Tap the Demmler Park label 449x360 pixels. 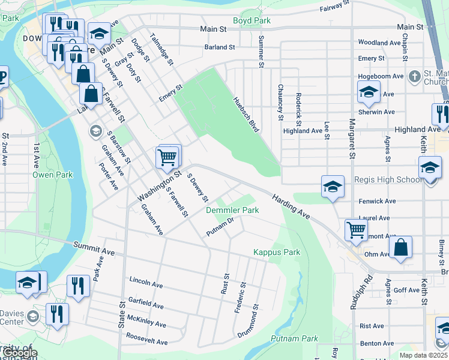[232, 211]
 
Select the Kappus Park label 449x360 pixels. [276, 253]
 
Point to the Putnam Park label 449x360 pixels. [294, 339]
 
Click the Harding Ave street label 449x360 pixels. [291, 206]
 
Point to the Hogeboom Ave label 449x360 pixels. [381, 77]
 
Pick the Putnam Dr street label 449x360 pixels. [219, 227]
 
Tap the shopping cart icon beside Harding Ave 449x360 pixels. [357, 229]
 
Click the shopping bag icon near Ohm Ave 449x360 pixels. [400, 247]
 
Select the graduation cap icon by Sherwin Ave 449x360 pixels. [369, 92]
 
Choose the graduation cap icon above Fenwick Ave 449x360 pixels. [332, 187]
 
